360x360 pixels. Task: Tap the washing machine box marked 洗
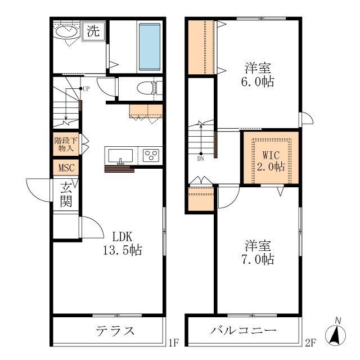pos(93,31)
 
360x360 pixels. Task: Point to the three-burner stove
pos(151,155)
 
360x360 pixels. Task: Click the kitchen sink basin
pos(120,155)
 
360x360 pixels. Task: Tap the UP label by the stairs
pos(86,89)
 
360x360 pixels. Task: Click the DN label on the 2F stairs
pos(200,159)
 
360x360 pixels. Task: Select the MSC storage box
pos(66,168)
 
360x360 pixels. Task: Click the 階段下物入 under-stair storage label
pos(66,144)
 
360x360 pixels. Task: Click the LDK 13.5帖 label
pos(123,244)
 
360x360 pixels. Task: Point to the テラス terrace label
pos(115,331)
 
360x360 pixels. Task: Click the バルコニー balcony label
pos(244,331)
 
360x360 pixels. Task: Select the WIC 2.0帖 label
pos(271,161)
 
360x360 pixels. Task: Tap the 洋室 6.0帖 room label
pos(258,75)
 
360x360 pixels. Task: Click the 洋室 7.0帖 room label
pos(258,252)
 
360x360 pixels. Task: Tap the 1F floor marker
pos(174,343)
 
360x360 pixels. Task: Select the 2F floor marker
pos(310,343)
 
